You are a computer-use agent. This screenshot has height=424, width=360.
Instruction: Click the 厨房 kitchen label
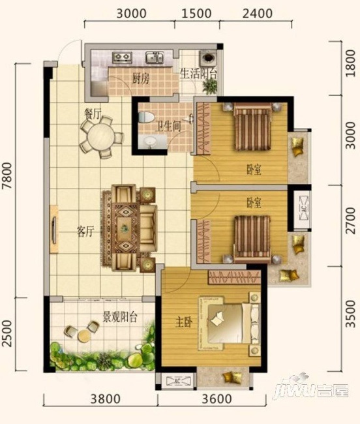(x=140, y=79)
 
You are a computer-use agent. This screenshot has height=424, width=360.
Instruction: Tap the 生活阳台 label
(x=198, y=74)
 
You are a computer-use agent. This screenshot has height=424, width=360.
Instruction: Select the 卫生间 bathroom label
(x=168, y=127)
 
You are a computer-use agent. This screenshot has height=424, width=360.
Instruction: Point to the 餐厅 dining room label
(x=93, y=115)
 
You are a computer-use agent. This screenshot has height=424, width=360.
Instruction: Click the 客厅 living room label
(x=85, y=232)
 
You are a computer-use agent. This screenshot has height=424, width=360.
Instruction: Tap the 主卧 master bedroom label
(x=184, y=322)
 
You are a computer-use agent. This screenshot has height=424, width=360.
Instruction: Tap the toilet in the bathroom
(x=146, y=117)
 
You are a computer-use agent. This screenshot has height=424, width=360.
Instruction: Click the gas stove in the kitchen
(x=122, y=57)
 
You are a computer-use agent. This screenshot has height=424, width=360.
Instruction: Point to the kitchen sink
(x=155, y=57)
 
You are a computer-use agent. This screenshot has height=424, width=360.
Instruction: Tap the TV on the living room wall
(x=54, y=230)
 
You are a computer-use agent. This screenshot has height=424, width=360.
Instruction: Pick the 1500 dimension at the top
(x=196, y=14)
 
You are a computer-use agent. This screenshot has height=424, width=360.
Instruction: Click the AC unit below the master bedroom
(x=178, y=381)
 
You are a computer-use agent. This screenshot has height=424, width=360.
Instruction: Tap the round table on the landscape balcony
(x=83, y=336)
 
